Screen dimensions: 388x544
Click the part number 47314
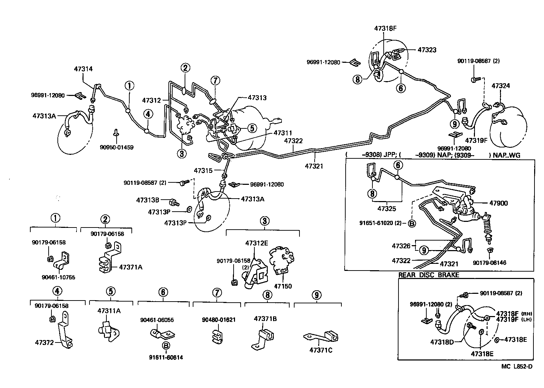point(84,69)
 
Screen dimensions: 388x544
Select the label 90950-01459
point(116,147)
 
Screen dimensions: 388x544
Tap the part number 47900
point(499,203)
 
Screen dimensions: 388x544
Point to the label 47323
point(427,50)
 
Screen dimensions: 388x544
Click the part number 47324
point(501,86)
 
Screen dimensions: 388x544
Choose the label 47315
point(203,171)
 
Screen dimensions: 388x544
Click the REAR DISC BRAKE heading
point(428,275)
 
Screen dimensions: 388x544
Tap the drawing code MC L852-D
point(517,366)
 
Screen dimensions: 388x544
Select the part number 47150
point(283,286)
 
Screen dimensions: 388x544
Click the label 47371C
point(321,350)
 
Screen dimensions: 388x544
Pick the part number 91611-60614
point(166,357)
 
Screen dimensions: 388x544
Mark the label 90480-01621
point(218,320)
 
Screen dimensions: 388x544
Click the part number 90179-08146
point(490,262)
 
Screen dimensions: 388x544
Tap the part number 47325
point(387,209)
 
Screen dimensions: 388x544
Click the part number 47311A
point(109,311)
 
